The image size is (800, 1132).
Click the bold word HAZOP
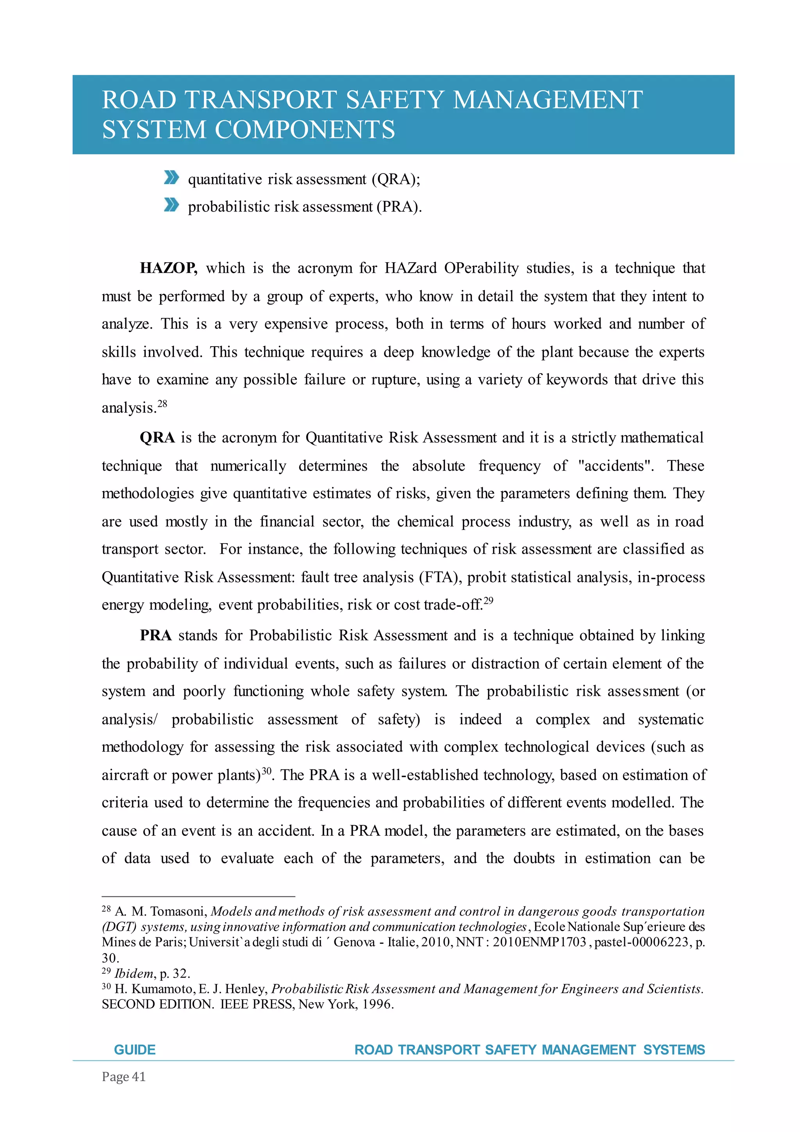coord(168,268)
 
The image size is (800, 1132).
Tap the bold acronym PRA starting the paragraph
coord(155,635)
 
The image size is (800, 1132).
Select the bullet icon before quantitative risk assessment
coord(171,177)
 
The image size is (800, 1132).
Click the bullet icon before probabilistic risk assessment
coord(171,205)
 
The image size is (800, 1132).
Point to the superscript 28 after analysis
coord(162,404)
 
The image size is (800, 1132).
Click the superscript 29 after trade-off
coord(488,601)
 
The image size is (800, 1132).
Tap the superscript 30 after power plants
coord(266,771)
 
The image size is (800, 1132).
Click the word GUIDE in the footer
coord(134,1050)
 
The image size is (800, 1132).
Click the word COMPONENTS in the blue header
coord(305,130)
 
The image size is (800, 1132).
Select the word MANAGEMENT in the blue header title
coord(548,100)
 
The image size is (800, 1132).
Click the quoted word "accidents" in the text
coord(616,466)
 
